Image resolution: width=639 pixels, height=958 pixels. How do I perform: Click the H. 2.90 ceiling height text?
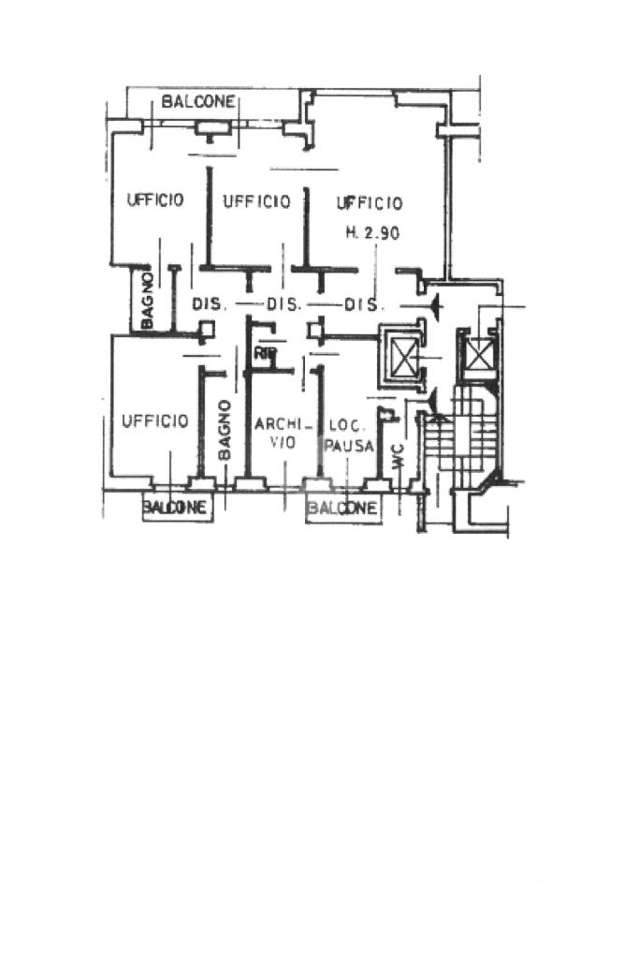[373, 233]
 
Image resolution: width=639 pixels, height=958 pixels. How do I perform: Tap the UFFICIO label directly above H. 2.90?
[370, 203]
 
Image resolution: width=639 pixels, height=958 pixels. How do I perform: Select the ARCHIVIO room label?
[276, 432]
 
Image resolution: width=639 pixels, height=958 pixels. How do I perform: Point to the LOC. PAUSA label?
[348, 432]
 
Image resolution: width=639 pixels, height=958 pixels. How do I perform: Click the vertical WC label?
[398, 457]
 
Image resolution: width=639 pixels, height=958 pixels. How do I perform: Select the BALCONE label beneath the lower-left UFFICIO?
[175, 508]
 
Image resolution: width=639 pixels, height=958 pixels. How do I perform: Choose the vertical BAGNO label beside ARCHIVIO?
[225, 429]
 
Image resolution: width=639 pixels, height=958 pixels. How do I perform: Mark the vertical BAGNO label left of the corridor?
[147, 300]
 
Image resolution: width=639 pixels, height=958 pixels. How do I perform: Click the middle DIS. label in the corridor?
[283, 304]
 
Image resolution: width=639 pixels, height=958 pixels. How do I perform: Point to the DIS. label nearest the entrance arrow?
[361, 304]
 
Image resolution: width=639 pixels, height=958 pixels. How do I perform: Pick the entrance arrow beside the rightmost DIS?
[432, 303]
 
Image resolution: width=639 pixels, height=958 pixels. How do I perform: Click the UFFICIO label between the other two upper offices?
[256, 200]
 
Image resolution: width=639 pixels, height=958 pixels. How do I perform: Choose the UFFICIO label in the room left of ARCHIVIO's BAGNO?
[155, 421]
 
